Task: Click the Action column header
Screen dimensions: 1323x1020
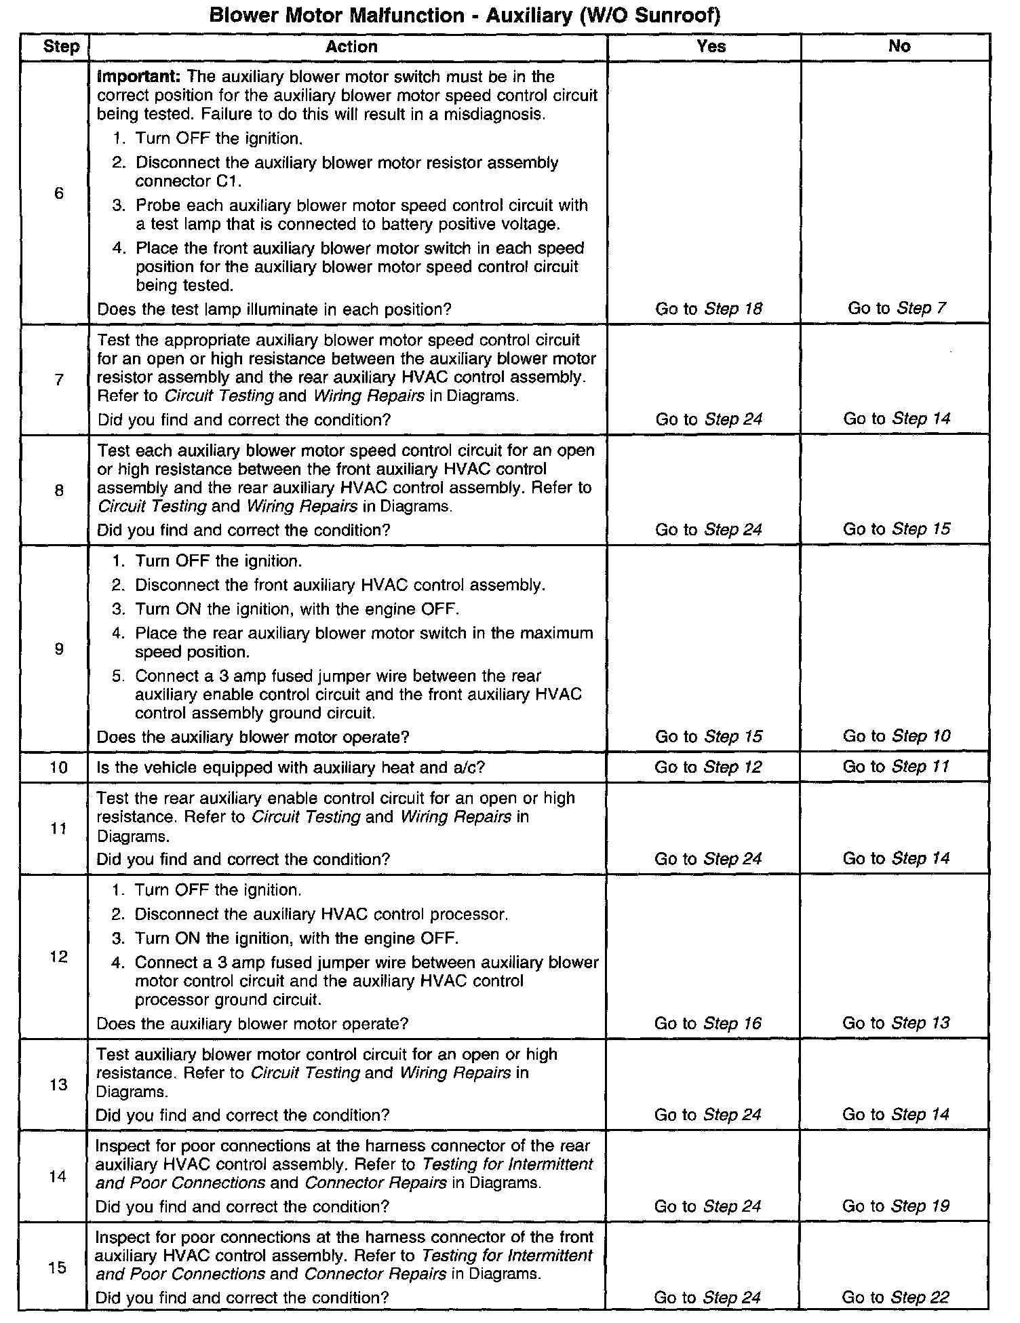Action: (351, 47)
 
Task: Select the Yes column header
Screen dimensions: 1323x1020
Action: (711, 46)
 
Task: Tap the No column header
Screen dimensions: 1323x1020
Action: (899, 46)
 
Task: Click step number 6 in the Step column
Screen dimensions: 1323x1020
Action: (59, 193)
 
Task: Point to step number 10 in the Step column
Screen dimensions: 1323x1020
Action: (59, 767)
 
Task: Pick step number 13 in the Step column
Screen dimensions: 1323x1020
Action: (59, 1084)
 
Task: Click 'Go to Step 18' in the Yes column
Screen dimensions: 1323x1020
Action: (709, 309)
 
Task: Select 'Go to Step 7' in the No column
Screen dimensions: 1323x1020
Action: (897, 308)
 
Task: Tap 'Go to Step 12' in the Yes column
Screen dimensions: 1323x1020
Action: (708, 767)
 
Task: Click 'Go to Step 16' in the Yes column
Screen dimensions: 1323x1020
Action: (708, 1023)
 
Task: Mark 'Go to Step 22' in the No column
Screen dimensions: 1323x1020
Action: (895, 1297)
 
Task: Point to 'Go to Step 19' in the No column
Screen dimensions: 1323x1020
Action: (895, 1206)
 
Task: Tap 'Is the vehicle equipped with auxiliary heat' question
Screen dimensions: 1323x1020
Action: (292, 767)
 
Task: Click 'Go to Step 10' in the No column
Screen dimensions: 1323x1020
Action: (897, 735)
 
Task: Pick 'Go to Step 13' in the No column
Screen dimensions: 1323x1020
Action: (896, 1022)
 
